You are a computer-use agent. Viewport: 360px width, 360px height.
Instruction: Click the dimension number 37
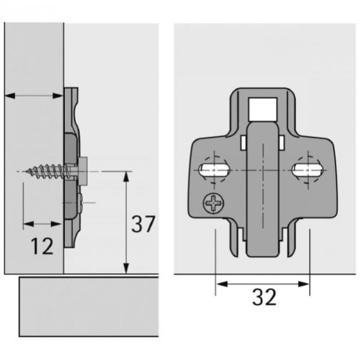143,224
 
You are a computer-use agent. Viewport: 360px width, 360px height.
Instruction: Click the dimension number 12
42,246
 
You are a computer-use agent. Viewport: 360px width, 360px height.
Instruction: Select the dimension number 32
264,297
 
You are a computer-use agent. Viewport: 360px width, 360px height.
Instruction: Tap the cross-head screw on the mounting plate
213,203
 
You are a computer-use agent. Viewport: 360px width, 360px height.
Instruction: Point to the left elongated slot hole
214,170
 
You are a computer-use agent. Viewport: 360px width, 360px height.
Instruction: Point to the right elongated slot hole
307,170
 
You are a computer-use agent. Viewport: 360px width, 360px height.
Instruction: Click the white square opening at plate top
263,109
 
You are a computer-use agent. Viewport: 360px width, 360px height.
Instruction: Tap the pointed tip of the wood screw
28,171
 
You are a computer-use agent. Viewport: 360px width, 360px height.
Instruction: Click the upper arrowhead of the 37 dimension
126,176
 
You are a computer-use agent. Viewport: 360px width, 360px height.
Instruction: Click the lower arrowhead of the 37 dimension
126,269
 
